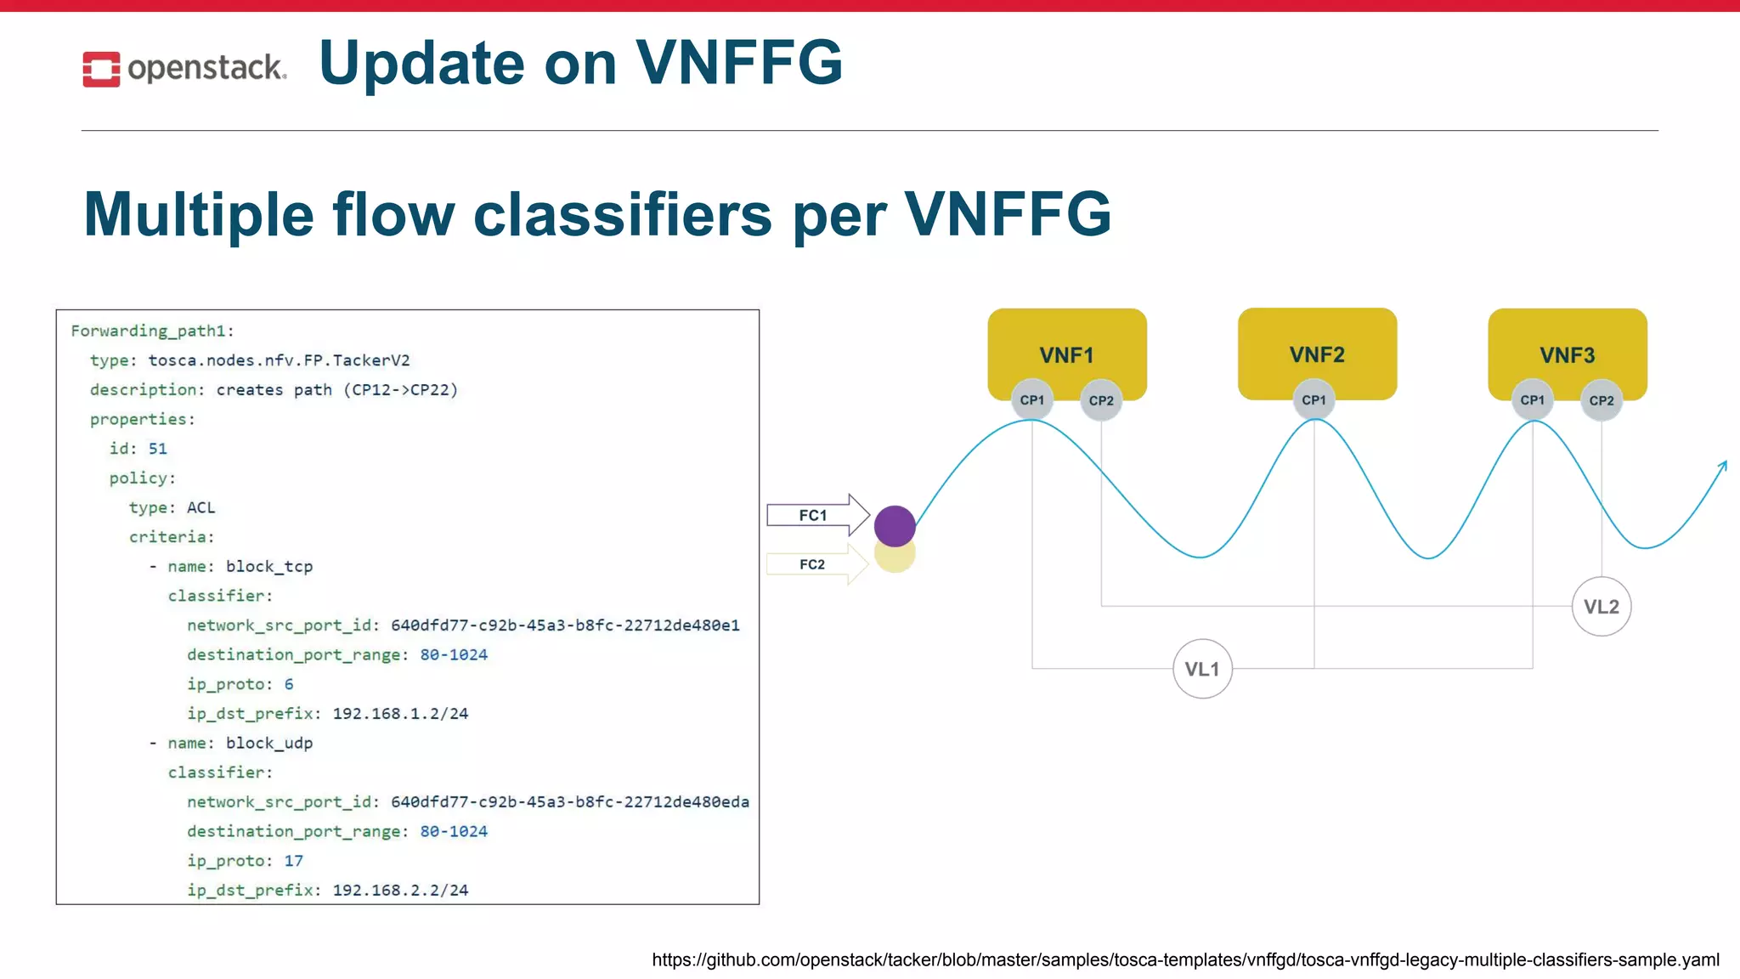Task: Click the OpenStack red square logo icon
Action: pyautogui.click(x=101, y=69)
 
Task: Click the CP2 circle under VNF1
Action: pyautogui.click(x=1101, y=400)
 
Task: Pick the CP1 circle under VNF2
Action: pyautogui.click(x=1313, y=400)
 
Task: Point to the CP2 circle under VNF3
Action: pyautogui.click(x=1601, y=400)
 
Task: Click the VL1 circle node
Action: pyautogui.click(x=1202, y=669)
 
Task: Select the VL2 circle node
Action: pyautogui.click(x=1601, y=607)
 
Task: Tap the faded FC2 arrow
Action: pyautogui.click(x=816, y=564)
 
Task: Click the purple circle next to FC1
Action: pyautogui.click(x=895, y=525)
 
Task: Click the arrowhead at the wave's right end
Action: pyautogui.click(x=1723, y=466)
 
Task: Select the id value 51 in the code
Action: pyautogui.click(x=158, y=449)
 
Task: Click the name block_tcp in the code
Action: pyautogui.click(x=268, y=566)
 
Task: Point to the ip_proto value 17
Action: pyautogui.click(x=293, y=861)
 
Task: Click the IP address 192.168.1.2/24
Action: pyautogui.click(x=400, y=714)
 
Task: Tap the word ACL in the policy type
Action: pyautogui.click(x=201, y=507)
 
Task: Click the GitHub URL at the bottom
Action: pyautogui.click(x=1185, y=960)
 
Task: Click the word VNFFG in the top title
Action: pyautogui.click(x=738, y=63)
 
